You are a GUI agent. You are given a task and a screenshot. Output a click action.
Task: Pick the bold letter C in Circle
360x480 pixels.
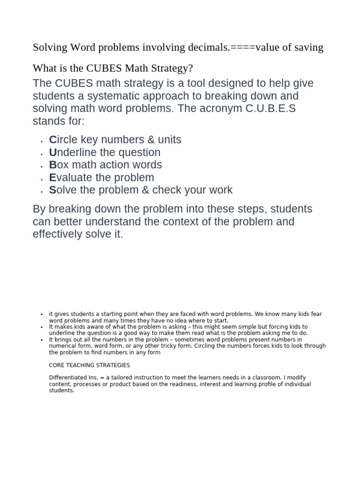pos(52,140)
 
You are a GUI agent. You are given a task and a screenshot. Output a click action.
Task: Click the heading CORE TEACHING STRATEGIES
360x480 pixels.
pos(90,365)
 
